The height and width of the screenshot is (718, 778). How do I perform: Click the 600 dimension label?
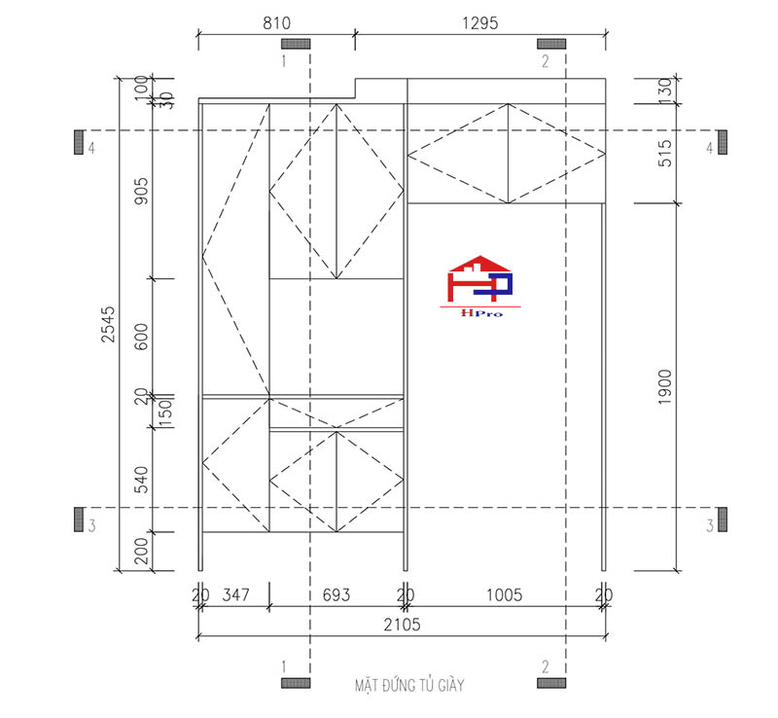tap(142, 337)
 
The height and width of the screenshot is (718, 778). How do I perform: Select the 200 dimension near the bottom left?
tap(142, 552)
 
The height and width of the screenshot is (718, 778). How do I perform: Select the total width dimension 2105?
tap(401, 625)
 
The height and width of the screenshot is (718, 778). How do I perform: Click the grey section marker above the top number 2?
tap(551, 44)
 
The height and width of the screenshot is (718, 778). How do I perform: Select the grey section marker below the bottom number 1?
tap(296, 683)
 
